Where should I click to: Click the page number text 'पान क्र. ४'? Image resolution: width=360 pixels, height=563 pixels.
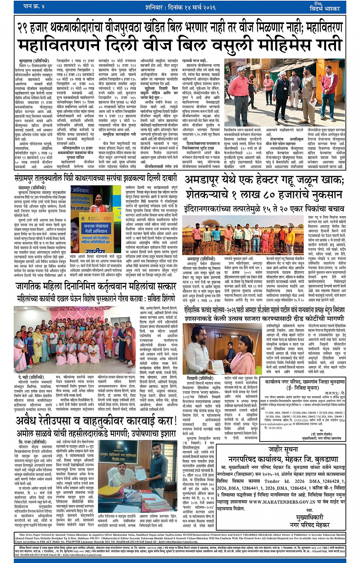tap(34, 6)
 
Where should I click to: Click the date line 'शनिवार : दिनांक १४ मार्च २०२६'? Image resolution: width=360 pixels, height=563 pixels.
tap(180, 7)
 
